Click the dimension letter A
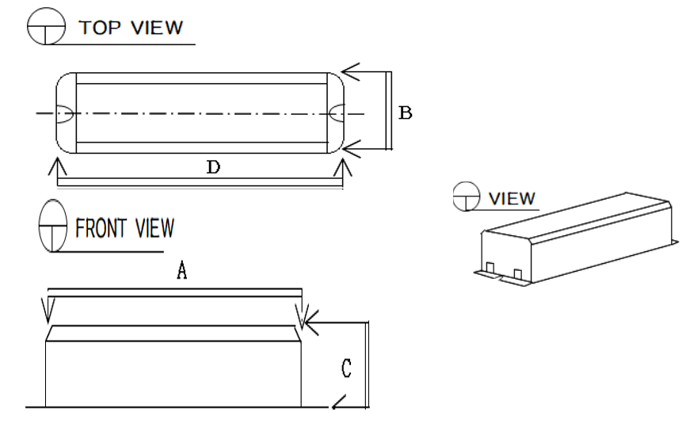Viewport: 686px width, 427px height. (x=181, y=271)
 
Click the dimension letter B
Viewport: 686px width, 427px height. (x=405, y=113)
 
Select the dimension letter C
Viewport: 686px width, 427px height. (x=345, y=368)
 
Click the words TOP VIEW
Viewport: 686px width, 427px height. (x=131, y=29)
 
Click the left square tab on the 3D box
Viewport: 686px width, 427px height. (x=491, y=267)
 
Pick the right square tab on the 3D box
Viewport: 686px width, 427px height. (x=518, y=274)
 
